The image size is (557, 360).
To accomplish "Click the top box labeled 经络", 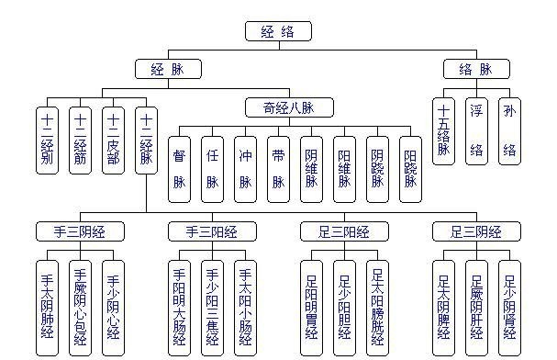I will pyautogui.click(x=278, y=31).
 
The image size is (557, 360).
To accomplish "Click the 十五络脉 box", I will pyautogui.click(x=444, y=130).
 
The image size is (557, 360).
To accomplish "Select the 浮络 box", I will pyautogui.click(x=476, y=130).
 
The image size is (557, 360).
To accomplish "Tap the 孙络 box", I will pyautogui.click(x=509, y=130).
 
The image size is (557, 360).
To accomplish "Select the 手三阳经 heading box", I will pyautogui.click(x=212, y=230).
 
